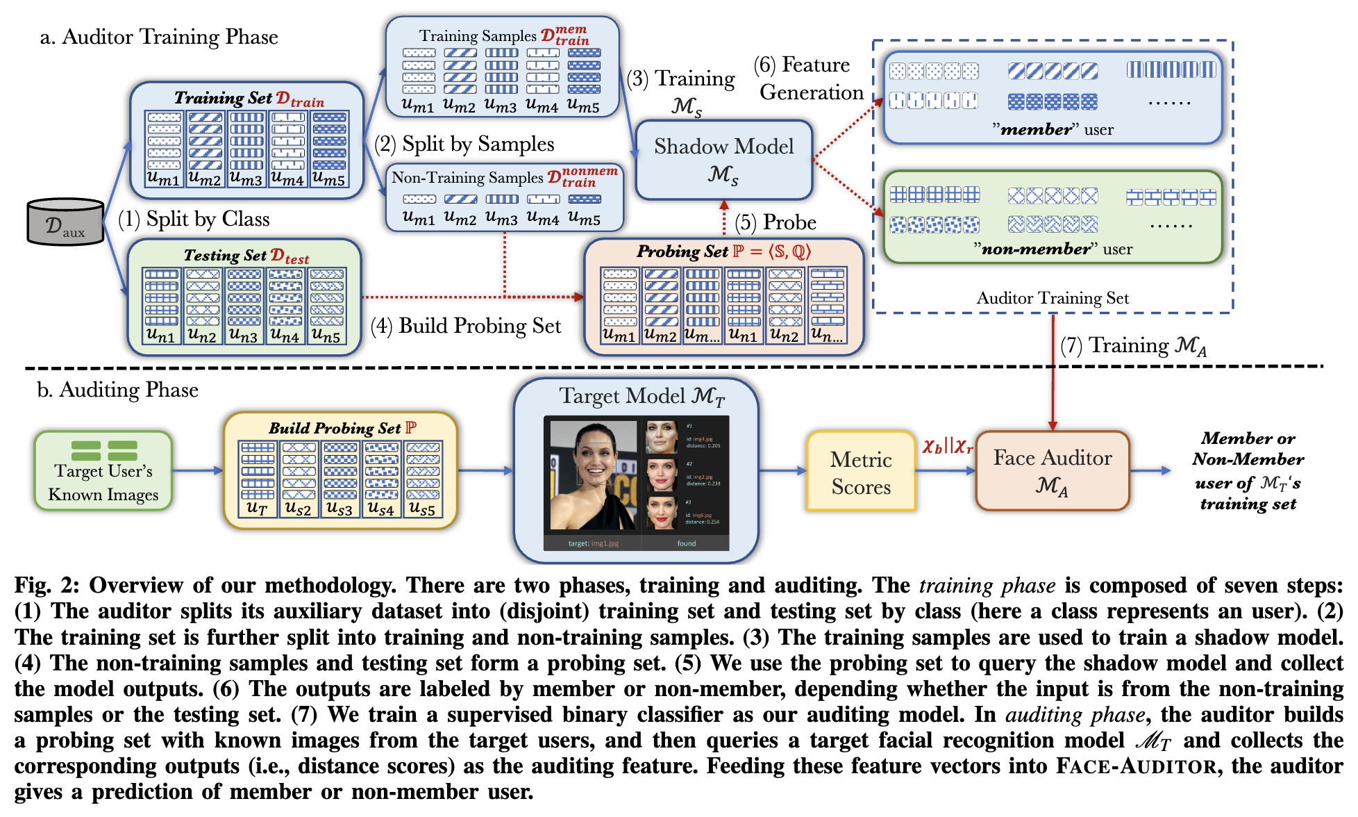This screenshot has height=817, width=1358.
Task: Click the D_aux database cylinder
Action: [x=65, y=222]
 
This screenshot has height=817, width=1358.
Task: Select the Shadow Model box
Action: [x=723, y=160]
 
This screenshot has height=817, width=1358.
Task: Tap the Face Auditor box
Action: [x=1052, y=471]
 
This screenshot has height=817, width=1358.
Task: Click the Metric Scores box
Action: [x=861, y=472]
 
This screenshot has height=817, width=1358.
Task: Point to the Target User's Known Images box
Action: [x=103, y=472]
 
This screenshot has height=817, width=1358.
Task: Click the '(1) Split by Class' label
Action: [x=194, y=220]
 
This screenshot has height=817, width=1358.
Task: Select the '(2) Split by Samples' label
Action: [x=464, y=145]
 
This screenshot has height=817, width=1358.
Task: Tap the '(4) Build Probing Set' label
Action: [x=466, y=326]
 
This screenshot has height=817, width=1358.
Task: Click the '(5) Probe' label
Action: [x=776, y=222]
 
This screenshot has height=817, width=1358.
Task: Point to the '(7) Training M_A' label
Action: [x=1133, y=345]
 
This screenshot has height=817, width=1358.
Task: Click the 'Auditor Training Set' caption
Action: [x=1052, y=298]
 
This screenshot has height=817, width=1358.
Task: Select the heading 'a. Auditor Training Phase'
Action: [x=159, y=37]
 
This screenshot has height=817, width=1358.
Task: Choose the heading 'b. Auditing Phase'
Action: [x=118, y=390]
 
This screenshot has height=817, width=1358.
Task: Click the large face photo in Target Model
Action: [x=593, y=476]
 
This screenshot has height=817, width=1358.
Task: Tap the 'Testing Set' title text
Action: [x=225, y=256]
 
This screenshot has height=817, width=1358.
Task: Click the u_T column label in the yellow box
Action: [x=257, y=508]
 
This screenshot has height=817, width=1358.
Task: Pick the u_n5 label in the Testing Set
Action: [x=326, y=336]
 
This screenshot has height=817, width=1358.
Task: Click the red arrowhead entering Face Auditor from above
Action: [x=1053, y=425]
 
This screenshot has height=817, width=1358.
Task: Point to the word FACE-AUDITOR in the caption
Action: [x=1137, y=766]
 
